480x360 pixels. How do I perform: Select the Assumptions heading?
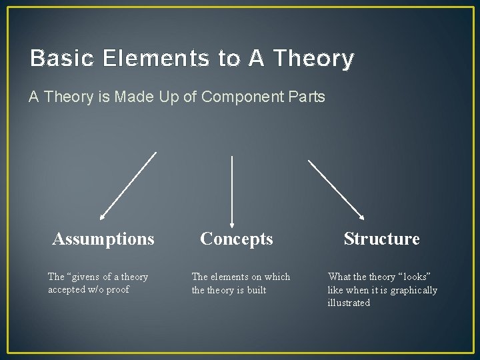pos(103,239)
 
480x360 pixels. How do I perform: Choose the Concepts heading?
pos(237,239)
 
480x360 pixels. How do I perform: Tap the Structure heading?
pos(381,239)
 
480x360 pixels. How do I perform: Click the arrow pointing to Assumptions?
pos(128,186)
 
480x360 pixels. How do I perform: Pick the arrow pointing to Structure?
pos(336,189)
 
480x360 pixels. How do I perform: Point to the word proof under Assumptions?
pos(117,290)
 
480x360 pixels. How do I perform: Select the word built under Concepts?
pos(255,290)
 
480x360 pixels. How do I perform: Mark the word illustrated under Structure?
pos(348,303)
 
